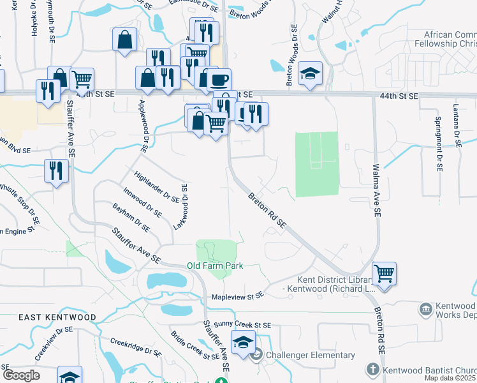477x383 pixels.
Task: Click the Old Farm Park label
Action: point(215,266)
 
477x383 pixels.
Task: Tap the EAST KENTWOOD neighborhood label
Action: point(57,317)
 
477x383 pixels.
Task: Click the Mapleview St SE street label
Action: point(237,296)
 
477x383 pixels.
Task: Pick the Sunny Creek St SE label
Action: point(243,325)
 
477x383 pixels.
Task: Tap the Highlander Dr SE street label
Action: point(156,187)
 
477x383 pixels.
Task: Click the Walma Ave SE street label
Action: point(376,188)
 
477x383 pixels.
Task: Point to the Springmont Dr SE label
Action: point(438,144)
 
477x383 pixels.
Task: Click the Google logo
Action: point(20,375)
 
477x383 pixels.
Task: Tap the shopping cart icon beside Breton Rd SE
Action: point(384,273)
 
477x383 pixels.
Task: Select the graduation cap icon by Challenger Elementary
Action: point(243,342)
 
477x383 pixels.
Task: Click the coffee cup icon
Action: point(219,79)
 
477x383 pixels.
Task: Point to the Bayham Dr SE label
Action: point(131,217)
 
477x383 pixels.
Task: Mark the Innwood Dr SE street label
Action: point(142,201)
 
